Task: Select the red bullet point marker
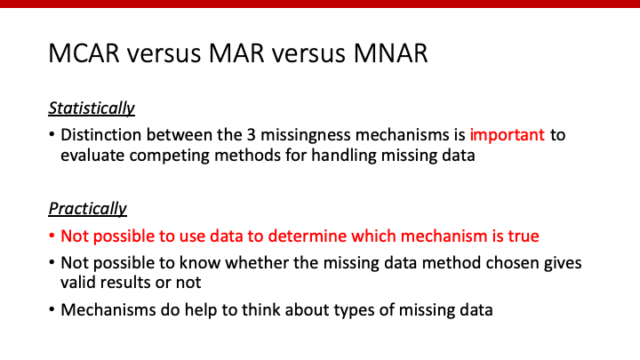52,238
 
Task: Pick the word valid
82,282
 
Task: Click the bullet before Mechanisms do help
52,310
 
